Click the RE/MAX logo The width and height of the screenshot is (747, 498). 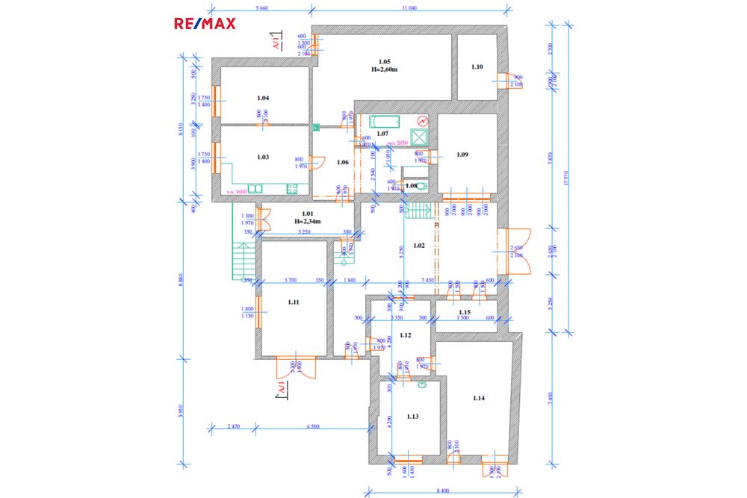pyautogui.click(x=205, y=23)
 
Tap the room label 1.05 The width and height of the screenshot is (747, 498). pyautogui.click(x=384, y=61)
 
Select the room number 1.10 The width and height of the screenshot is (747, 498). pyautogui.click(x=477, y=67)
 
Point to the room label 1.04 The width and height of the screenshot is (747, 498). pyautogui.click(x=263, y=98)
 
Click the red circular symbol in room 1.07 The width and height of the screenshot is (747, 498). pyautogui.click(x=422, y=120)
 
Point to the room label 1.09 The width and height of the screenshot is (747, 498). pyautogui.click(x=462, y=155)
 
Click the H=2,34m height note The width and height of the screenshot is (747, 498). pyautogui.click(x=307, y=222)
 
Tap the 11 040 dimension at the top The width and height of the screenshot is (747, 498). pyautogui.click(x=409, y=7)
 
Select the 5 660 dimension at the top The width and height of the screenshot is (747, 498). pyautogui.click(x=261, y=7)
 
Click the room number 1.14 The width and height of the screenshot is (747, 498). pyautogui.click(x=479, y=399)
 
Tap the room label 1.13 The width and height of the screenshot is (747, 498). pyautogui.click(x=413, y=417)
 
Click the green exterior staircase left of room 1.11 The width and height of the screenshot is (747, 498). pyautogui.click(x=242, y=261)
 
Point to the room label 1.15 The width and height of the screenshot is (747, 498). pyautogui.click(x=465, y=312)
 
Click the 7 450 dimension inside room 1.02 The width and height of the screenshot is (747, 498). pyautogui.click(x=428, y=280)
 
